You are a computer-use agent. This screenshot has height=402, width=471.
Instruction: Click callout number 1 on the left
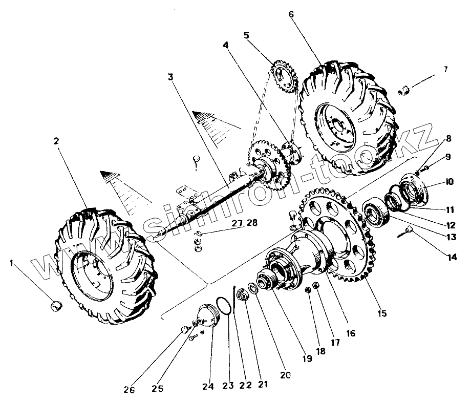[x=12, y=263]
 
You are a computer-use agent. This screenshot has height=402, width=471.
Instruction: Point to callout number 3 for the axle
[x=170, y=77]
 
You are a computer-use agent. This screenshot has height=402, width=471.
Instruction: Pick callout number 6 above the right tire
[x=291, y=14]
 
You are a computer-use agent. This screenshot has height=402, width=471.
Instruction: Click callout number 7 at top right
[x=445, y=69]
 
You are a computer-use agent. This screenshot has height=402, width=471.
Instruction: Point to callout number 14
[x=451, y=258]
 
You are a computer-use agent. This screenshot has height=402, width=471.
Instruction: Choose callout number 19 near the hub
[x=307, y=358]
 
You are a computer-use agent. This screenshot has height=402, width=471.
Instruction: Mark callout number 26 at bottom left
[x=130, y=390]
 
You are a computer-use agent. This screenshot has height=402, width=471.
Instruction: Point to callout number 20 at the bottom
[x=285, y=375]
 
